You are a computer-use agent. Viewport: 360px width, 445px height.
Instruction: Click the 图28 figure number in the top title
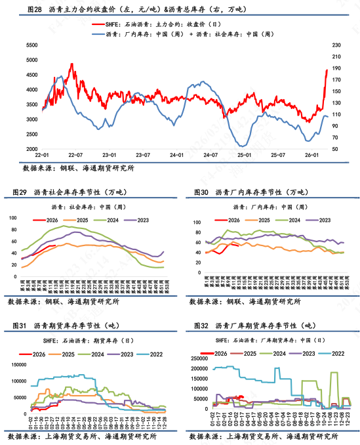click(33, 9)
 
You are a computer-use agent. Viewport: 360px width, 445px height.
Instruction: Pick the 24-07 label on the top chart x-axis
click(210, 155)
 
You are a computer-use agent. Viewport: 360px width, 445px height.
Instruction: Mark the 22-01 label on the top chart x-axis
click(42, 155)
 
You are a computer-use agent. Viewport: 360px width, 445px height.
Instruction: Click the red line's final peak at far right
click(327, 70)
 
